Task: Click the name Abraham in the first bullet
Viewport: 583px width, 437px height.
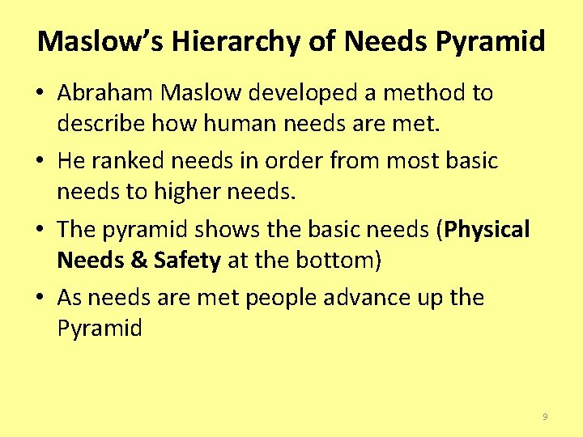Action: [105, 93]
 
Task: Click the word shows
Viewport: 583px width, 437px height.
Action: [232, 229]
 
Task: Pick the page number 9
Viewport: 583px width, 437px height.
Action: [545, 416]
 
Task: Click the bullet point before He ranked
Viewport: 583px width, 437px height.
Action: [40, 161]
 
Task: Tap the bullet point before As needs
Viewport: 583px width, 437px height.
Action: [40, 297]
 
